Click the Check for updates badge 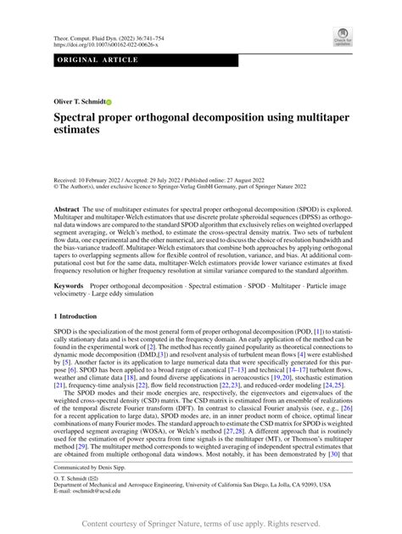(x=343, y=35)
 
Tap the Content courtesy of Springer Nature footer (x=201, y=524)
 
